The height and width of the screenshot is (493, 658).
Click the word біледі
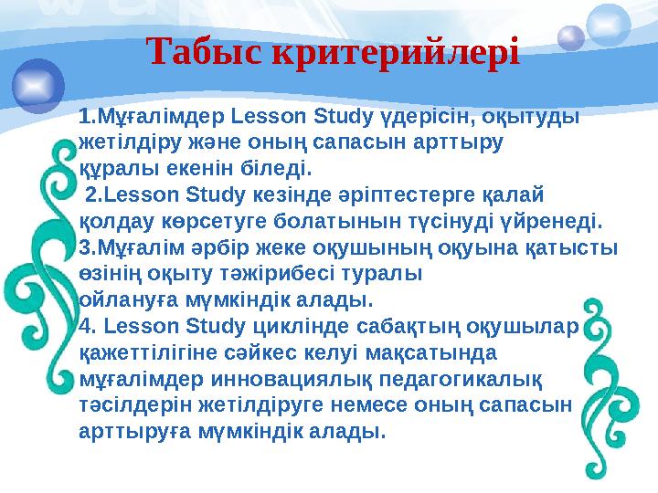pyautogui.click(x=281, y=169)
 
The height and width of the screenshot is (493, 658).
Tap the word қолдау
pyautogui.click(x=113, y=221)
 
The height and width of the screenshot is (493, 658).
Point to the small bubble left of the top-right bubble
pyautogui.click(x=570, y=37)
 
